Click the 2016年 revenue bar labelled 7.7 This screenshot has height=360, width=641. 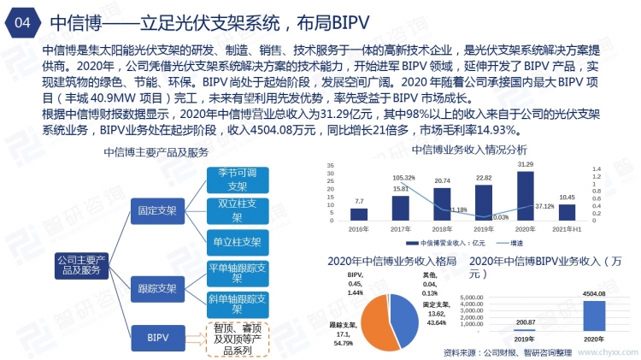359,215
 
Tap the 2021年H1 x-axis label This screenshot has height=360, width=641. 567,229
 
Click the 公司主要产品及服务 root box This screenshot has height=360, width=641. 80,264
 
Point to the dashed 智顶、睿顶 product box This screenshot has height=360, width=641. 238,339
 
